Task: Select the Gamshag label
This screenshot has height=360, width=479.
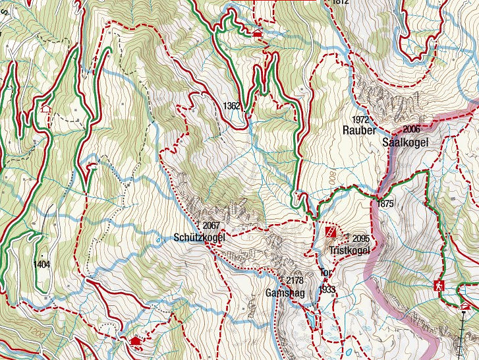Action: [x=285, y=293]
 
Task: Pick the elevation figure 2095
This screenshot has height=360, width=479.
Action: [x=362, y=238]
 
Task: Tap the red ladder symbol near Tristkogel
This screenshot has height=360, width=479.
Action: [x=331, y=232]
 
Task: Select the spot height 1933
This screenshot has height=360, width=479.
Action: [x=327, y=289]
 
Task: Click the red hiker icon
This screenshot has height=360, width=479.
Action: [x=439, y=285]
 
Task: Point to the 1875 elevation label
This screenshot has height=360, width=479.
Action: [x=386, y=204]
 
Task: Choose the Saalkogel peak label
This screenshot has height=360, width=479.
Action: [x=403, y=142]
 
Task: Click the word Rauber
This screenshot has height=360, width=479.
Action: [x=358, y=131]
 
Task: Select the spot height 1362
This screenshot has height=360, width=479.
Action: [x=232, y=105]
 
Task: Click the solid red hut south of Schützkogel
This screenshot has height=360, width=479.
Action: [x=136, y=341]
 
